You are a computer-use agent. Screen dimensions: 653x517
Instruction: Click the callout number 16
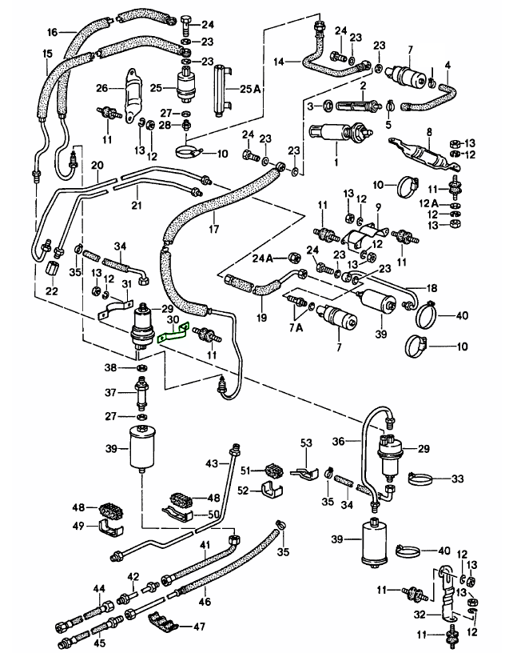pos(53,33)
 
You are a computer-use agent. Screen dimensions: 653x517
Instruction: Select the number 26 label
pos(101,88)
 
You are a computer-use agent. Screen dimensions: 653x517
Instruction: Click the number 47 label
pos(197,627)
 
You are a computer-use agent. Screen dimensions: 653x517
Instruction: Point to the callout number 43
pos(211,464)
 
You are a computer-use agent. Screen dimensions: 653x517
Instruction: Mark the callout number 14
pos(279,62)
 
